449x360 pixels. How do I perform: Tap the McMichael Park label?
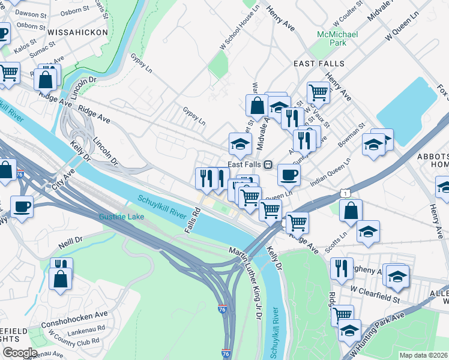pos(337,38)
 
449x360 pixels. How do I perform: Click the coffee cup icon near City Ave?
pos(22,206)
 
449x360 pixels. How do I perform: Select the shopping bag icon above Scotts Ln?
pos(351,211)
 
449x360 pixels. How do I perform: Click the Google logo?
pos(19,353)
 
